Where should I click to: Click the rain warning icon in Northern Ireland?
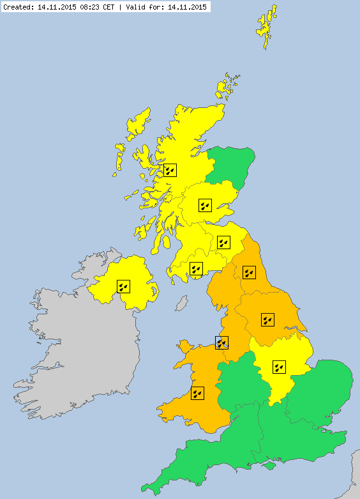123,286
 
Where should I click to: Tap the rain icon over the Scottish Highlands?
170,170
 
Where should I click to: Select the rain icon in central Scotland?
204,205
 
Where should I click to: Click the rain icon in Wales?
197,393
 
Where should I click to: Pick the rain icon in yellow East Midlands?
279,367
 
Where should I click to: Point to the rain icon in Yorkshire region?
268,319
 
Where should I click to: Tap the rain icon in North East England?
249,272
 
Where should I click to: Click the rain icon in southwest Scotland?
196,268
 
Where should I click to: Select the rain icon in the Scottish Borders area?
223,242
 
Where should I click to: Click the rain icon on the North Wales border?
221,342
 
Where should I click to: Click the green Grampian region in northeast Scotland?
232,165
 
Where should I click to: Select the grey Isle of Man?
182,302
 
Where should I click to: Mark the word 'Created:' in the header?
17,7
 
